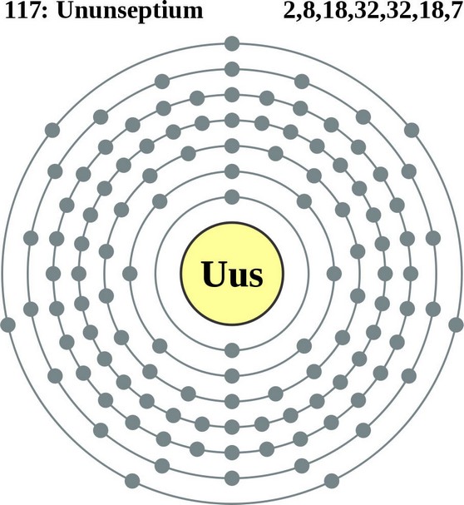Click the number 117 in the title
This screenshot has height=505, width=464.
coord(22,10)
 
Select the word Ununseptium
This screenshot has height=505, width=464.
coord(131,12)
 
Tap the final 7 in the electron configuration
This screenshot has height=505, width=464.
coord(457,11)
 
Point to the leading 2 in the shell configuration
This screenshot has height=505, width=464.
coord(289,11)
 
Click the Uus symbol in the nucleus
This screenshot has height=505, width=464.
coord(232,274)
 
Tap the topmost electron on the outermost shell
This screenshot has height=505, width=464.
coord(232,44)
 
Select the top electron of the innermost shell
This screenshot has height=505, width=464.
coord(232,197)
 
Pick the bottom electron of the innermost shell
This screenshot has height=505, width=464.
coord(232,350)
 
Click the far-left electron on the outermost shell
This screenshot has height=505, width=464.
coord(8,324)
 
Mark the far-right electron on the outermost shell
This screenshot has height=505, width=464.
coord(456,324)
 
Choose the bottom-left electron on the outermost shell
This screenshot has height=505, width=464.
coord(132,481)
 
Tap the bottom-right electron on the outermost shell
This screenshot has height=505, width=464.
coord(332,481)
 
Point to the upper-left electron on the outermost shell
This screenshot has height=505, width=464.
coord(52,130)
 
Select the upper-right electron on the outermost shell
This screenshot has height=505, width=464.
coord(412,130)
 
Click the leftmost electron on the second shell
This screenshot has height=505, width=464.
coord(130,274)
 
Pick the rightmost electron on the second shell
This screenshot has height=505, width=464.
coord(334,274)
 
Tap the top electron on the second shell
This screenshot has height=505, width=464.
coord(232,171)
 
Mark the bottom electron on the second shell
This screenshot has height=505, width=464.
coord(232,376)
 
